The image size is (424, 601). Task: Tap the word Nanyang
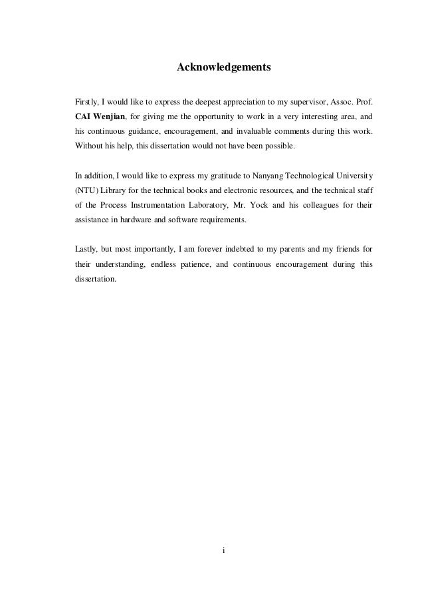[268, 176]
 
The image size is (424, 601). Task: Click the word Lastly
[87, 250]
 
